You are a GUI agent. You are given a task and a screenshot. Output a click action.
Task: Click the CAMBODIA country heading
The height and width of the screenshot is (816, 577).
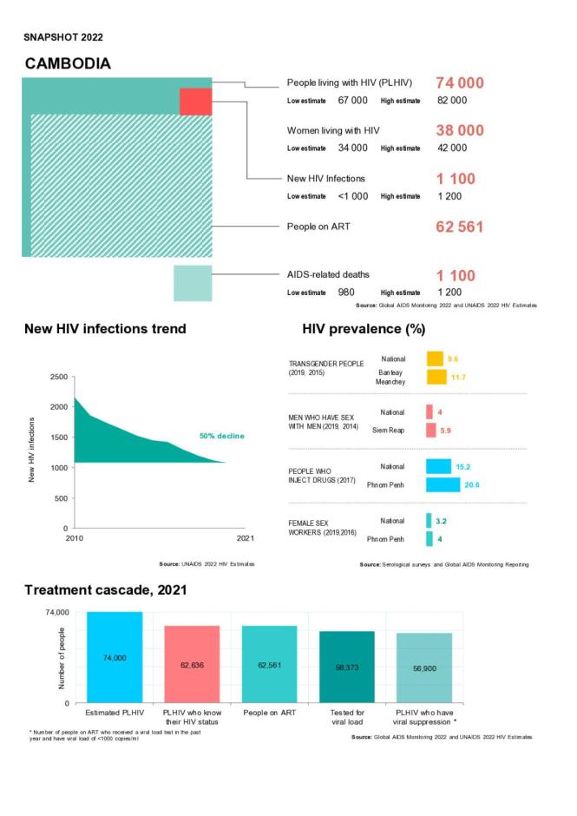pos(68,64)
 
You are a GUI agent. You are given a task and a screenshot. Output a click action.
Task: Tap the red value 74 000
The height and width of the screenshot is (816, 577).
pos(459,82)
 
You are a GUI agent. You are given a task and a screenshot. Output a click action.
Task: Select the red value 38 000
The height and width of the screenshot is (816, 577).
pos(459,130)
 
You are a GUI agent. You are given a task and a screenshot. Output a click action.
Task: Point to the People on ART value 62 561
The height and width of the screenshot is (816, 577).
pos(459,227)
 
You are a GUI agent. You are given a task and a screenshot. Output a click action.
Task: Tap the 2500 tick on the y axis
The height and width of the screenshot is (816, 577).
pos(57,377)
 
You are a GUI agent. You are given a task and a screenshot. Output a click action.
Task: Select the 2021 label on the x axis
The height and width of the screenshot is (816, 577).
pos(246,539)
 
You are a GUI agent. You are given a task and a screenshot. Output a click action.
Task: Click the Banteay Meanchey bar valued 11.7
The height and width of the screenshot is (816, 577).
pos(436,378)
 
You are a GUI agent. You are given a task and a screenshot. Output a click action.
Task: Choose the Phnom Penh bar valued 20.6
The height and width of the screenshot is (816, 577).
pos(443,484)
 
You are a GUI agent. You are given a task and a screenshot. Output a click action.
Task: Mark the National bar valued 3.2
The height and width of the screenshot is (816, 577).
pos(429,521)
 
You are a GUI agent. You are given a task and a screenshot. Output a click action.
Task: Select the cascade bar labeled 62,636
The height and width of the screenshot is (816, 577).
pos(192,664)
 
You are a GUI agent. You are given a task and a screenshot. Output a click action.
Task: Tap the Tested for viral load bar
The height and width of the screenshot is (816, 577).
pos(346,667)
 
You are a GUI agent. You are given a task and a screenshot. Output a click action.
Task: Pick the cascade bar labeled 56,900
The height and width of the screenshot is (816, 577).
pos(424,668)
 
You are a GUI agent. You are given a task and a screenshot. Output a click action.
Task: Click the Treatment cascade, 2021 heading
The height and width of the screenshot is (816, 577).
pos(105,590)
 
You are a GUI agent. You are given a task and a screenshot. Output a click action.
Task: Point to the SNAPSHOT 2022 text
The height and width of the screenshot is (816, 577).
pos(63,37)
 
